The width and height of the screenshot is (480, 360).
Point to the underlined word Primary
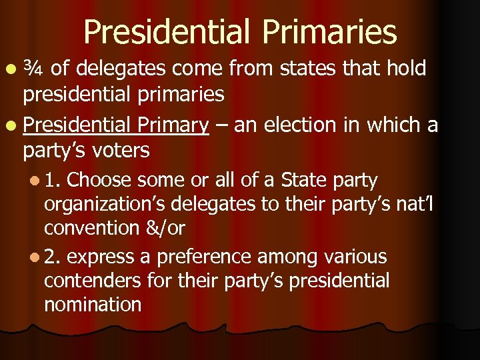[173, 124]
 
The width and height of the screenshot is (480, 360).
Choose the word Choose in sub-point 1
[102, 180]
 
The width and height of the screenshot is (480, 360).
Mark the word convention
[90, 228]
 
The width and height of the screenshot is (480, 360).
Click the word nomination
[93, 305]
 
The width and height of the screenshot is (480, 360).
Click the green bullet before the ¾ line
[13, 68]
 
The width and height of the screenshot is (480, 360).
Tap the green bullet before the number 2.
[33, 257]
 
